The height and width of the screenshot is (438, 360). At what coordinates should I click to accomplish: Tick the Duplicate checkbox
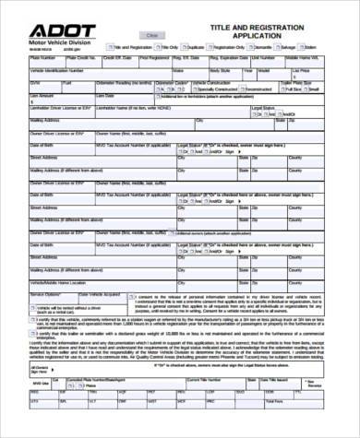[186, 46]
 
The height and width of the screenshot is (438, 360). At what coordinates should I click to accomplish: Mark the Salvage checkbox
[277, 46]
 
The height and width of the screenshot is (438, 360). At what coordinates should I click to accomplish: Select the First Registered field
[164, 61]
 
